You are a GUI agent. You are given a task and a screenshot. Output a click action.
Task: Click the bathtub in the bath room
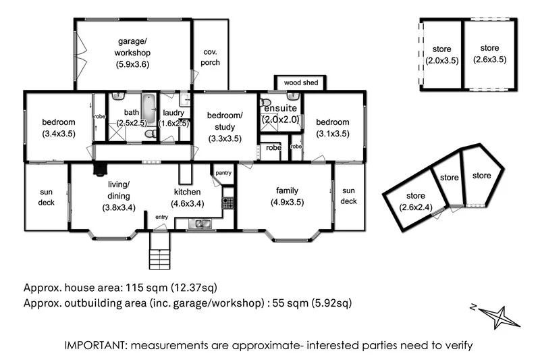click(148, 107)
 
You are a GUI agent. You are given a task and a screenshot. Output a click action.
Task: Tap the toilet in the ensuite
click(265, 102)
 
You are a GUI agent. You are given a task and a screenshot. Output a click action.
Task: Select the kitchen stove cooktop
click(227, 203)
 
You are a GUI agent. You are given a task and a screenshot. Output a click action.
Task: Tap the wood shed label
click(300, 82)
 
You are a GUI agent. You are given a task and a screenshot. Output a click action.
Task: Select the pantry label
click(223, 173)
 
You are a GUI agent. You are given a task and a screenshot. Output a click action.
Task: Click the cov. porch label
click(210, 57)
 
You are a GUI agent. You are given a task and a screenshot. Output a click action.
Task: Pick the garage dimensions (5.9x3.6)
click(132, 64)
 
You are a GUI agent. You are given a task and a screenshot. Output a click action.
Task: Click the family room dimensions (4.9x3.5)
click(288, 202)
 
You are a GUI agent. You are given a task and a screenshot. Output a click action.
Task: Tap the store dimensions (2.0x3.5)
click(442, 61)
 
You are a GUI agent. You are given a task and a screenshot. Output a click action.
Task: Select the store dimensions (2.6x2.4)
click(416, 207)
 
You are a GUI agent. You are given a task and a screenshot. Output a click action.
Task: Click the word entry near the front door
click(161, 217)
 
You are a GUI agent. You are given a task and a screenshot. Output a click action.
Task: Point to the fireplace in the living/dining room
click(100, 169)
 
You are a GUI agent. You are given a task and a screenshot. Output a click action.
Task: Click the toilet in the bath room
click(151, 134)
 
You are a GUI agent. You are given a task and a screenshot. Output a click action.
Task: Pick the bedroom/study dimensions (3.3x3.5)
click(225, 139)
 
